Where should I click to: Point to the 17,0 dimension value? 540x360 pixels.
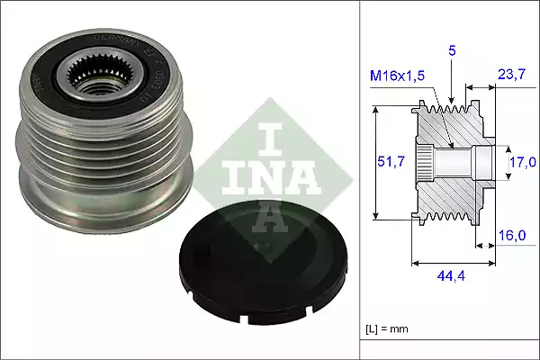522,162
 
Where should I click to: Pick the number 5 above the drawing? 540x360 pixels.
453,52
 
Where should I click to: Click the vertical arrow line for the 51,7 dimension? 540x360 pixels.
373,162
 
